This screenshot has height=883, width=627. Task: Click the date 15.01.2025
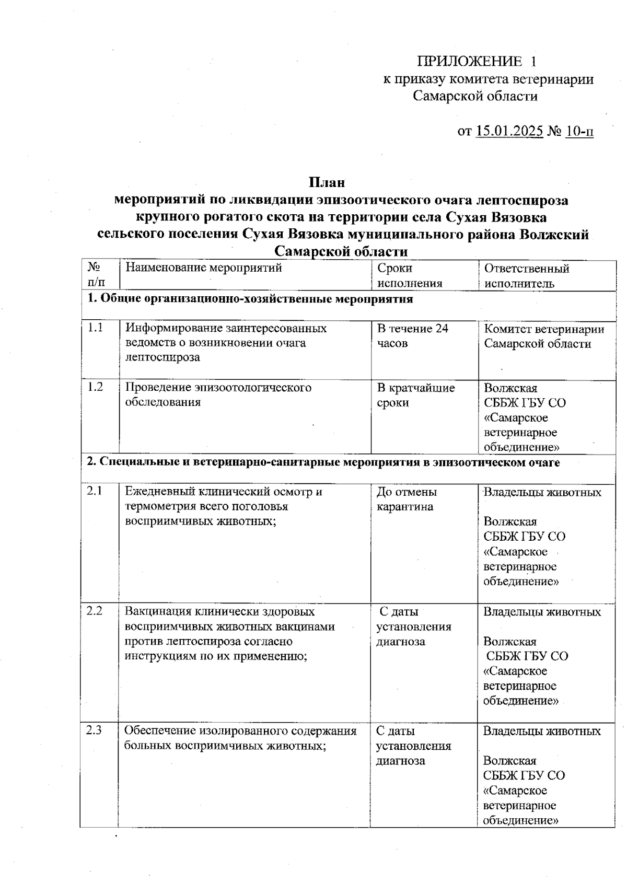pos(509,131)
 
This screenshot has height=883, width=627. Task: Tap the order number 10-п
pos(579,131)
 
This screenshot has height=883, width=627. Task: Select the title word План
pos(327,182)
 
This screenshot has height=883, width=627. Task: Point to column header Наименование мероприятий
pos(204,268)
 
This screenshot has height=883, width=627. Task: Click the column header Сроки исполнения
pos(410,275)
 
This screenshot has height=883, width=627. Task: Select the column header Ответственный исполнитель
pos(526,276)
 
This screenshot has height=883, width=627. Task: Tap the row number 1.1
pos(95,328)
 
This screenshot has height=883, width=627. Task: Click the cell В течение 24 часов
pos(412,336)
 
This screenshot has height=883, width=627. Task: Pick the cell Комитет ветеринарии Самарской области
pos(543,336)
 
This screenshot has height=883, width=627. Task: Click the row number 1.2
pos(95,387)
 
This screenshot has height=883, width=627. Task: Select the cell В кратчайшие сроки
pos(416,395)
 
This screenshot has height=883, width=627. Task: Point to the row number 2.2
pos(95,611)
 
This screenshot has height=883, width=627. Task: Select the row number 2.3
pos(94,730)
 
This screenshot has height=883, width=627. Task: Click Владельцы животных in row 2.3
pos(542,731)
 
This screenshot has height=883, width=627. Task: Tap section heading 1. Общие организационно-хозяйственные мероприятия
pos(250,299)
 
